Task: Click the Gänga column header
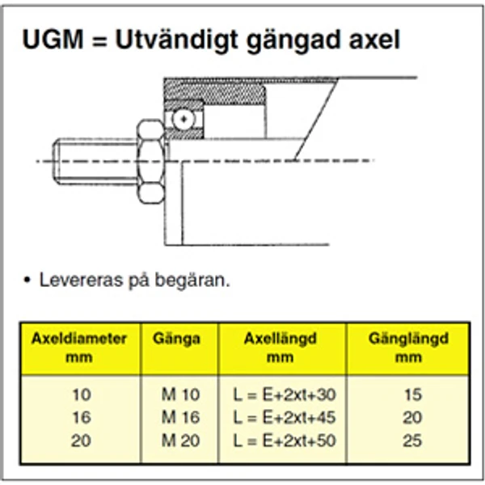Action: pos(176,339)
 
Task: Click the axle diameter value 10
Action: pos(82,395)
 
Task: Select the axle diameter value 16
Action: pos(82,418)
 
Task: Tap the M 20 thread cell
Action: pos(179,441)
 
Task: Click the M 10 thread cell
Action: pos(179,395)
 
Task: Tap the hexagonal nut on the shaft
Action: pos(150,161)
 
